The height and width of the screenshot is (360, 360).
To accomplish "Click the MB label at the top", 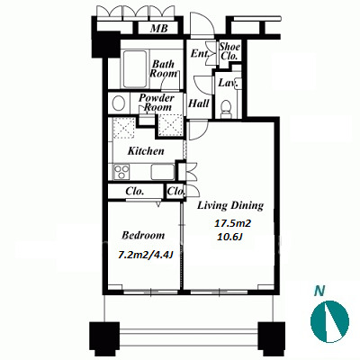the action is [159, 29].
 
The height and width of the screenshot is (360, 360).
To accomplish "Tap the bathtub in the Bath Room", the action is [135, 69].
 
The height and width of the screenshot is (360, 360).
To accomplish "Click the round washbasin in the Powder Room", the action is [119, 103].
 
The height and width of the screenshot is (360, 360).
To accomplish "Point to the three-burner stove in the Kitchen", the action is [121, 172].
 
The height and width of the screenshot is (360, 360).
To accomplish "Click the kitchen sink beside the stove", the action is [163, 172].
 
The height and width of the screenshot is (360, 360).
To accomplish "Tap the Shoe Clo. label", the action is [229, 51].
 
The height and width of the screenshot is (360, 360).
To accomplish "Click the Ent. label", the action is [200, 54].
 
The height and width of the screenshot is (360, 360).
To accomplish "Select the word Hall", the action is [198, 103].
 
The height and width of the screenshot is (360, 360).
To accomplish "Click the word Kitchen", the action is [146, 151].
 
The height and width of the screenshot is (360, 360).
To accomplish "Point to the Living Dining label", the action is [230, 206].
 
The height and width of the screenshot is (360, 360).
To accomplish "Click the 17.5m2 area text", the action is [232, 223].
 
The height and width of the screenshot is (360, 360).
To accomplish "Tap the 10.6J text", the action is [229, 238].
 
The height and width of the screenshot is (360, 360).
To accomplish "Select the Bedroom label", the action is [143, 235].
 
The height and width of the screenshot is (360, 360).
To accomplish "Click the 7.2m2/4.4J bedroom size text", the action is [146, 256].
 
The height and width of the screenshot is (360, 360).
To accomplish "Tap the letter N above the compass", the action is [319, 291].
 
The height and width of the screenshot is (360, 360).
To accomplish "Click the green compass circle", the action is [329, 321].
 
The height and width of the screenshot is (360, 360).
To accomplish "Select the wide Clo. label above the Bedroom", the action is [134, 192].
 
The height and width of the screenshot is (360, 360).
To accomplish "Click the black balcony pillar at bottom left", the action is [104, 338].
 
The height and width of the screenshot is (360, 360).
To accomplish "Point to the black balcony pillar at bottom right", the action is [272, 338].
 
